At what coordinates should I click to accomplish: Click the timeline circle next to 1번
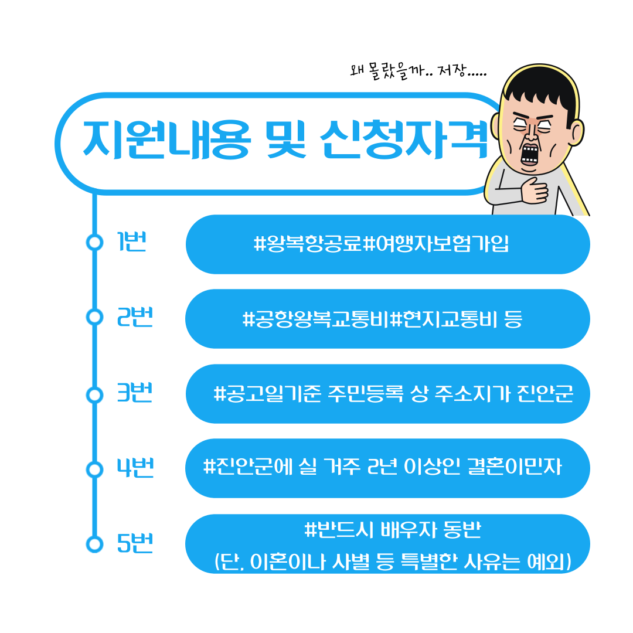pyautogui.click(x=95, y=242)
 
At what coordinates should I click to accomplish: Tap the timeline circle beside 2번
pyautogui.click(x=95, y=317)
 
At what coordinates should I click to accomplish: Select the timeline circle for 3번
pyautogui.click(x=95, y=394)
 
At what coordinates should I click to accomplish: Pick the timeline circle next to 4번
pyautogui.click(x=95, y=469)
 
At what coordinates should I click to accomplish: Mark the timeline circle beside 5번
pyautogui.click(x=95, y=544)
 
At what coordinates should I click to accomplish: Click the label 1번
pyautogui.click(x=131, y=241)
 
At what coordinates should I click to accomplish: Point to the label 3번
pyautogui.click(x=134, y=392)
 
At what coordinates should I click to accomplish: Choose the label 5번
pyautogui.click(x=135, y=543)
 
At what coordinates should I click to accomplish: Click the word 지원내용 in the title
pyautogui.click(x=166, y=139)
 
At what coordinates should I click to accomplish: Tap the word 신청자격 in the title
pyautogui.click(x=404, y=139)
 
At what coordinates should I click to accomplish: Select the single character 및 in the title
pyautogui.click(x=286, y=139)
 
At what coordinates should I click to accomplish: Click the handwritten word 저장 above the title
pyautogui.click(x=452, y=70)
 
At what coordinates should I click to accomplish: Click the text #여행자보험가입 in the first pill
pyautogui.click(x=436, y=243)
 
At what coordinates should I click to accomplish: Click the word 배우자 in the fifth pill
pyautogui.click(x=409, y=529)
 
